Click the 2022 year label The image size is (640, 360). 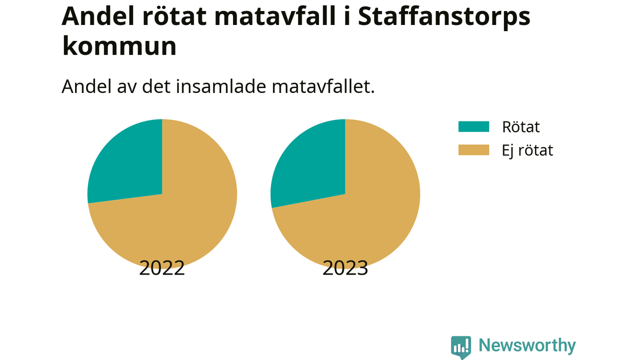162,268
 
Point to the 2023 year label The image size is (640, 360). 345,268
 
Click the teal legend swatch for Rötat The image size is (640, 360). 473,126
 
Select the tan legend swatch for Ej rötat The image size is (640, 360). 473,150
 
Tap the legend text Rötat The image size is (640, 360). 521,126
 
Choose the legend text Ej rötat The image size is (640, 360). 527,150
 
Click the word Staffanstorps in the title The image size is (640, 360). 444,17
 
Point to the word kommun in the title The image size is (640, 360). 119,45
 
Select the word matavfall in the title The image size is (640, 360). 275,16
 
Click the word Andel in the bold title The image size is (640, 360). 97,16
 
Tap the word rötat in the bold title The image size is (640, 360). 174,16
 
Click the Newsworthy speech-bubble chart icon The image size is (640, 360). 461,347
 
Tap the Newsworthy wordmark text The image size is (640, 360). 527,345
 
